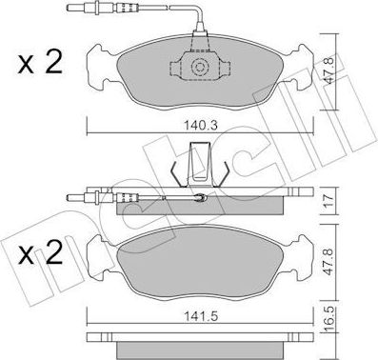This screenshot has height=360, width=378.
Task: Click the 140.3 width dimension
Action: pyautogui.click(x=200, y=125)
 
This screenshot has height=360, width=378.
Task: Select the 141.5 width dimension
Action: pyautogui.click(x=201, y=316)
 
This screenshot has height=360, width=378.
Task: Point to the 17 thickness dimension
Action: pyautogui.click(x=329, y=201)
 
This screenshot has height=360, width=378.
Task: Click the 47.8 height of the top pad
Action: pyautogui.click(x=329, y=72)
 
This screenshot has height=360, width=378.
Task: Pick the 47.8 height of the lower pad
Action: pyautogui.click(x=329, y=262)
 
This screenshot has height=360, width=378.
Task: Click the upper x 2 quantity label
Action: pyautogui.click(x=40, y=64)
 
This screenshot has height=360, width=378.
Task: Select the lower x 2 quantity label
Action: pyautogui.click(x=40, y=252)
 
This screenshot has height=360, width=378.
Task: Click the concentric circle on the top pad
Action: pyautogui.click(x=200, y=67)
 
